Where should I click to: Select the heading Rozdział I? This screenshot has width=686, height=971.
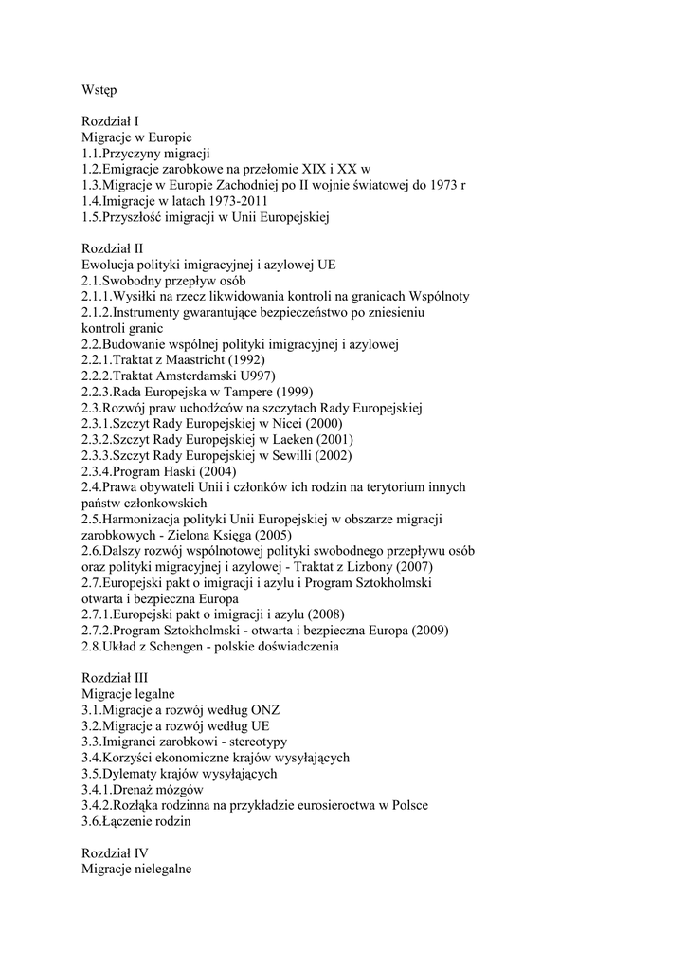point(111,121)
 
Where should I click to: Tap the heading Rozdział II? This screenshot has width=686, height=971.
point(113,248)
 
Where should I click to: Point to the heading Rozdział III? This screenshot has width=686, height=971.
point(115,679)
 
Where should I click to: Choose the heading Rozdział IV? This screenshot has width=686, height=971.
point(115,853)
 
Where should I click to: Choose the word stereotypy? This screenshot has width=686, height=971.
point(255,742)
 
